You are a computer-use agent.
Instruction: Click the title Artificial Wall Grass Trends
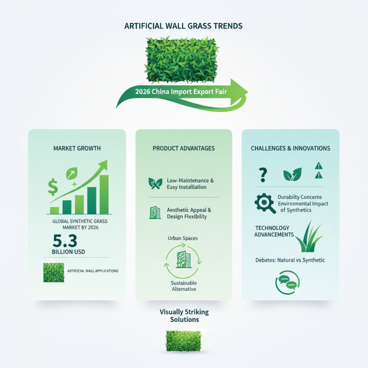(x=184, y=26)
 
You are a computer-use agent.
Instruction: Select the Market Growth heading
(x=77, y=149)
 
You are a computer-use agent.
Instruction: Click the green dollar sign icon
(x=52, y=187)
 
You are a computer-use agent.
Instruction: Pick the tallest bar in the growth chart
(x=103, y=194)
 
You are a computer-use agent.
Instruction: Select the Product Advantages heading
(x=184, y=149)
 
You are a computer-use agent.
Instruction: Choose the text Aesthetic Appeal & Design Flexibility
(x=189, y=213)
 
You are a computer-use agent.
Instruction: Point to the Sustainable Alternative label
(x=184, y=286)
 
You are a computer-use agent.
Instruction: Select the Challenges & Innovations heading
(x=290, y=149)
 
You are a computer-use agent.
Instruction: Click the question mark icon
(x=263, y=175)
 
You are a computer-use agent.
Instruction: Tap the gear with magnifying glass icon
(x=264, y=203)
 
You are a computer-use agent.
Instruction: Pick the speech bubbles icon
(x=287, y=282)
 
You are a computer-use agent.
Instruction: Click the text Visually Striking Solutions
(x=184, y=316)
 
